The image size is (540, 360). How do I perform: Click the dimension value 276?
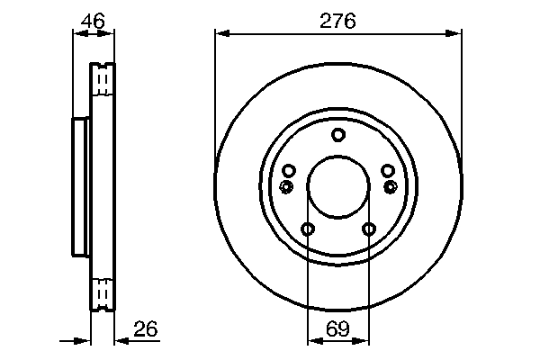click(337, 21)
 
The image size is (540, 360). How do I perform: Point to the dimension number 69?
click(337, 328)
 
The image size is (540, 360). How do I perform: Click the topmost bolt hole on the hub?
click(338, 136)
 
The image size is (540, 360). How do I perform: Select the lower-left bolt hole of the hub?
click(308, 229)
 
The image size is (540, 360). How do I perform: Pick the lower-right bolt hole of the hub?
click(368, 229)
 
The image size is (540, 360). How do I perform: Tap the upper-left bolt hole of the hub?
click(289, 171)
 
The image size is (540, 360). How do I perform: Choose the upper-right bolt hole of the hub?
click(387, 171)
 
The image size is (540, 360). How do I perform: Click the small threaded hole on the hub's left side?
click(286, 186)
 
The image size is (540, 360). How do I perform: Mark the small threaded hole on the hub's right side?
click(391, 186)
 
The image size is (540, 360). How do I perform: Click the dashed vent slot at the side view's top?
click(103, 83)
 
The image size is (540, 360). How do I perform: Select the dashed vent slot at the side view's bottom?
click(103, 292)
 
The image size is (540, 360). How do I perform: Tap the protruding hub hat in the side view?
click(79, 187)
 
